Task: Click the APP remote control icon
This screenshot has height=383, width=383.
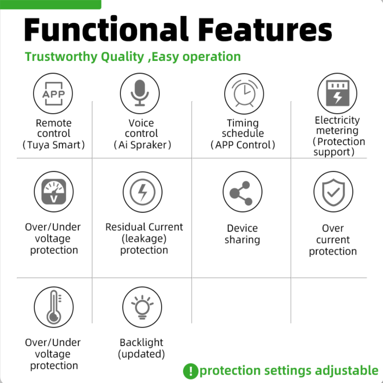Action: click(x=53, y=93)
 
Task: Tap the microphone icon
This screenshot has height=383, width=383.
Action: click(x=140, y=93)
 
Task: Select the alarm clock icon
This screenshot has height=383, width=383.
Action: click(x=244, y=94)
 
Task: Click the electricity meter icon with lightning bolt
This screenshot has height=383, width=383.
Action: click(x=337, y=93)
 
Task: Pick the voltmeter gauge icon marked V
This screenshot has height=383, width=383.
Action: click(x=54, y=192)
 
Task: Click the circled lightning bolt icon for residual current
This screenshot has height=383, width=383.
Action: click(x=142, y=192)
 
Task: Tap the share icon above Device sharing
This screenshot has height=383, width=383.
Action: click(x=242, y=192)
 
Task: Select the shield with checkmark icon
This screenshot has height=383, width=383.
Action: click(x=334, y=192)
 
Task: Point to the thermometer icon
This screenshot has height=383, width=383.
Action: click(x=54, y=307)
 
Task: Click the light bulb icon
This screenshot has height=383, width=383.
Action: click(x=142, y=307)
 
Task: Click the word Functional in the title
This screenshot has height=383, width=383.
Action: click(x=106, y=29)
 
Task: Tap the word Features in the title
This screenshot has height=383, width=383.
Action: click(x=265, y=29)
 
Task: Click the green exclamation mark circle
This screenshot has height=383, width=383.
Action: click(x=190, y=371)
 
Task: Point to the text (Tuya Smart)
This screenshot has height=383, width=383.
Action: click(x=54, y=145)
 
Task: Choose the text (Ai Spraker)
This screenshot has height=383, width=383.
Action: click(x=142, y=145)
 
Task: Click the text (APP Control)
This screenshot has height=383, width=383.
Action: click(x=243, y=145)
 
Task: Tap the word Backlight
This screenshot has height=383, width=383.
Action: click(x=141, y=342)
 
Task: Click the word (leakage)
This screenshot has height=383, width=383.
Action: click(x=144, y=238)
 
